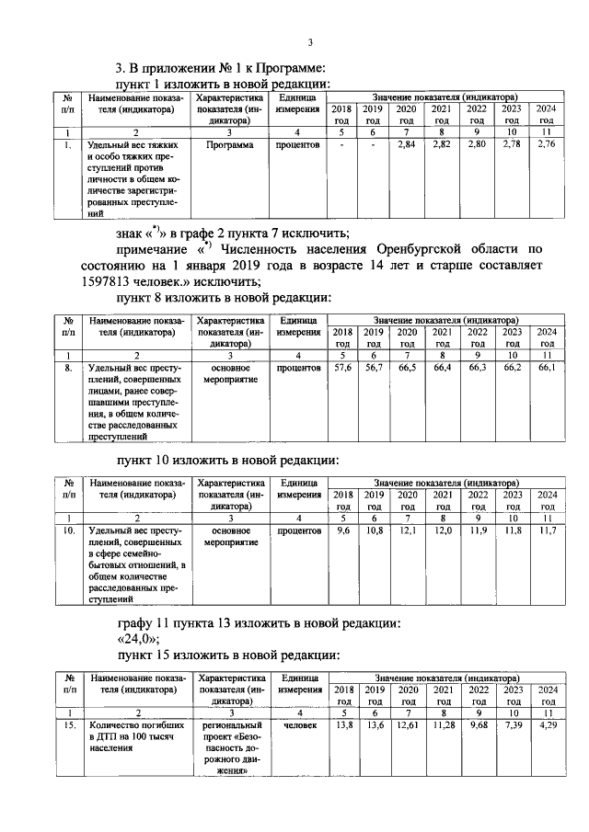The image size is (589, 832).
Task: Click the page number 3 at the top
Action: click(x=310, y=42)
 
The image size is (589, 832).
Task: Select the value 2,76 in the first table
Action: click(x=547, y=144)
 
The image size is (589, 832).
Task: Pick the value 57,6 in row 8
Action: click(x=341, y=368)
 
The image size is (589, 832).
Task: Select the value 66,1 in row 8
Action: click(x=547, y=368)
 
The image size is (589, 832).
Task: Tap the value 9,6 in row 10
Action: click(x=341, y=530)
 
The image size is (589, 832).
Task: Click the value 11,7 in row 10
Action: click(x=547, y=530)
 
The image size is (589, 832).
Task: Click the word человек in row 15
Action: click(x=298, y=725)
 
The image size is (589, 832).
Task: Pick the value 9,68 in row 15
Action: click(x=477, y=725)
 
